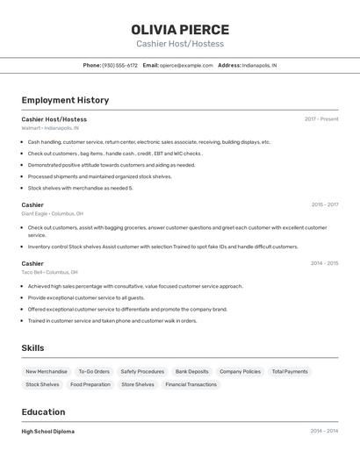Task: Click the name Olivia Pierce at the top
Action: click(180, 30)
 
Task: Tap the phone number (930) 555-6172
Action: click(119, 65)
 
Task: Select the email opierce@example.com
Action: click(186, 65)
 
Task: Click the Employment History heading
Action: click(65, 100)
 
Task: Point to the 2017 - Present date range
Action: click(321, 118)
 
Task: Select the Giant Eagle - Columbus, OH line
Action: click(52, 213)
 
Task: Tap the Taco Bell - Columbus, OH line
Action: click(49, 272)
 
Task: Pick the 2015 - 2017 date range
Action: click(324, 204)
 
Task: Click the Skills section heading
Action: click(32, 348)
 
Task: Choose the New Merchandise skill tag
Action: click(47, 371)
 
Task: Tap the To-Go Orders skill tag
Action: click(94, 371)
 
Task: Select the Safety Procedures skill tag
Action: click(142, 371)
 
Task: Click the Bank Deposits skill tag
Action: click(191, 371)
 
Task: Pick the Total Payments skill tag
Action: click(290, 371)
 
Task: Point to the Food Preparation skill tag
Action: click(90, 384)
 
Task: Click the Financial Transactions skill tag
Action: click(191, 384)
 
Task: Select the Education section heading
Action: click(43, 411)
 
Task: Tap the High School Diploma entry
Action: click(48, 432)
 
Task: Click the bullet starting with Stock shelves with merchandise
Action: click(80, 188)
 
